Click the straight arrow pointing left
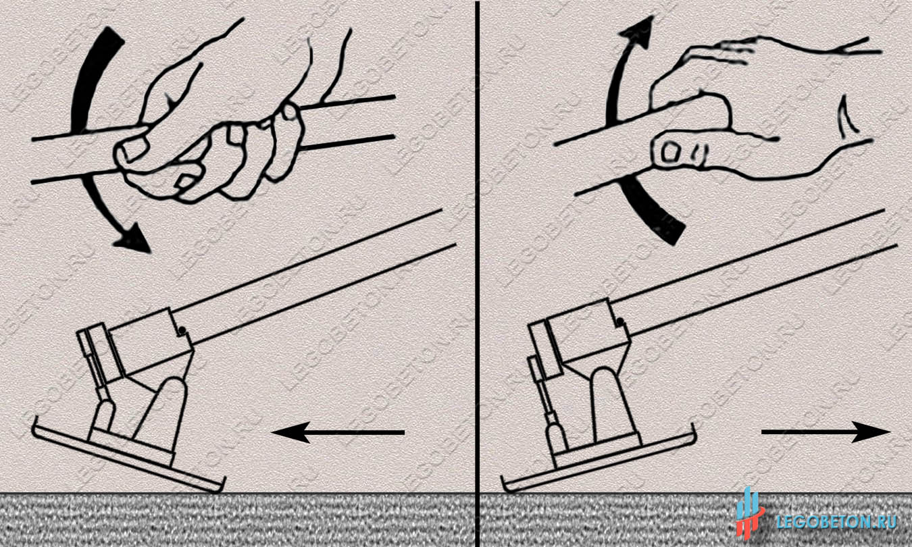coord(338,432)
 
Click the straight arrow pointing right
coord(826,432)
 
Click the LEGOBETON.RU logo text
coord(836,522)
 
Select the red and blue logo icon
coord(750,514)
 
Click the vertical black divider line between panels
coord(477,273)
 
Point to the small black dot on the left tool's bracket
coord(183,330)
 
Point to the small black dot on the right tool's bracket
coord(620,322)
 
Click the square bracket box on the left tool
coord(151,341)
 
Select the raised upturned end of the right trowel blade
coord(692,434)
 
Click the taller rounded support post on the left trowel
coord(163,411)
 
